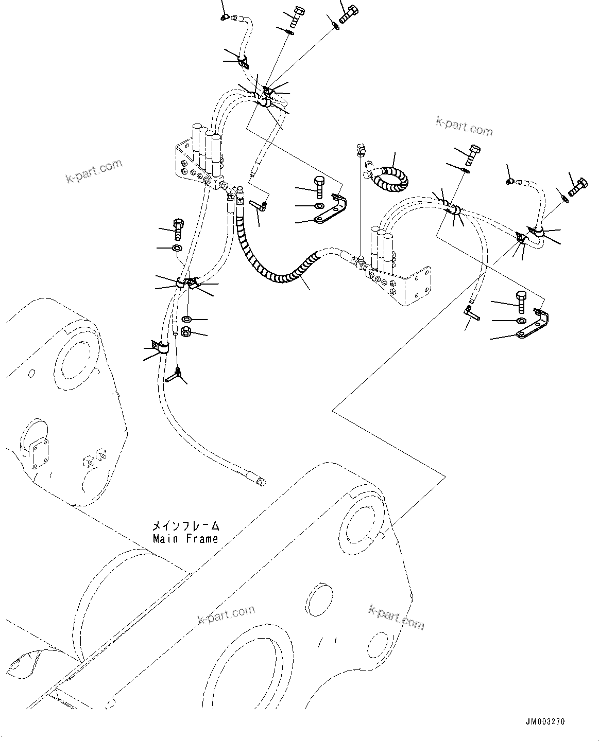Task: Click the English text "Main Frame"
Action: tap(185, 539)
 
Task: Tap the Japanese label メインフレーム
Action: tap(185, 526)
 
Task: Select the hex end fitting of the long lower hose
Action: tap(261, 481)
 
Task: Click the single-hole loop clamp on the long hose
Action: tap(160, 347)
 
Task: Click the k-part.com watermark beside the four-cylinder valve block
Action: tap(94, 171)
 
